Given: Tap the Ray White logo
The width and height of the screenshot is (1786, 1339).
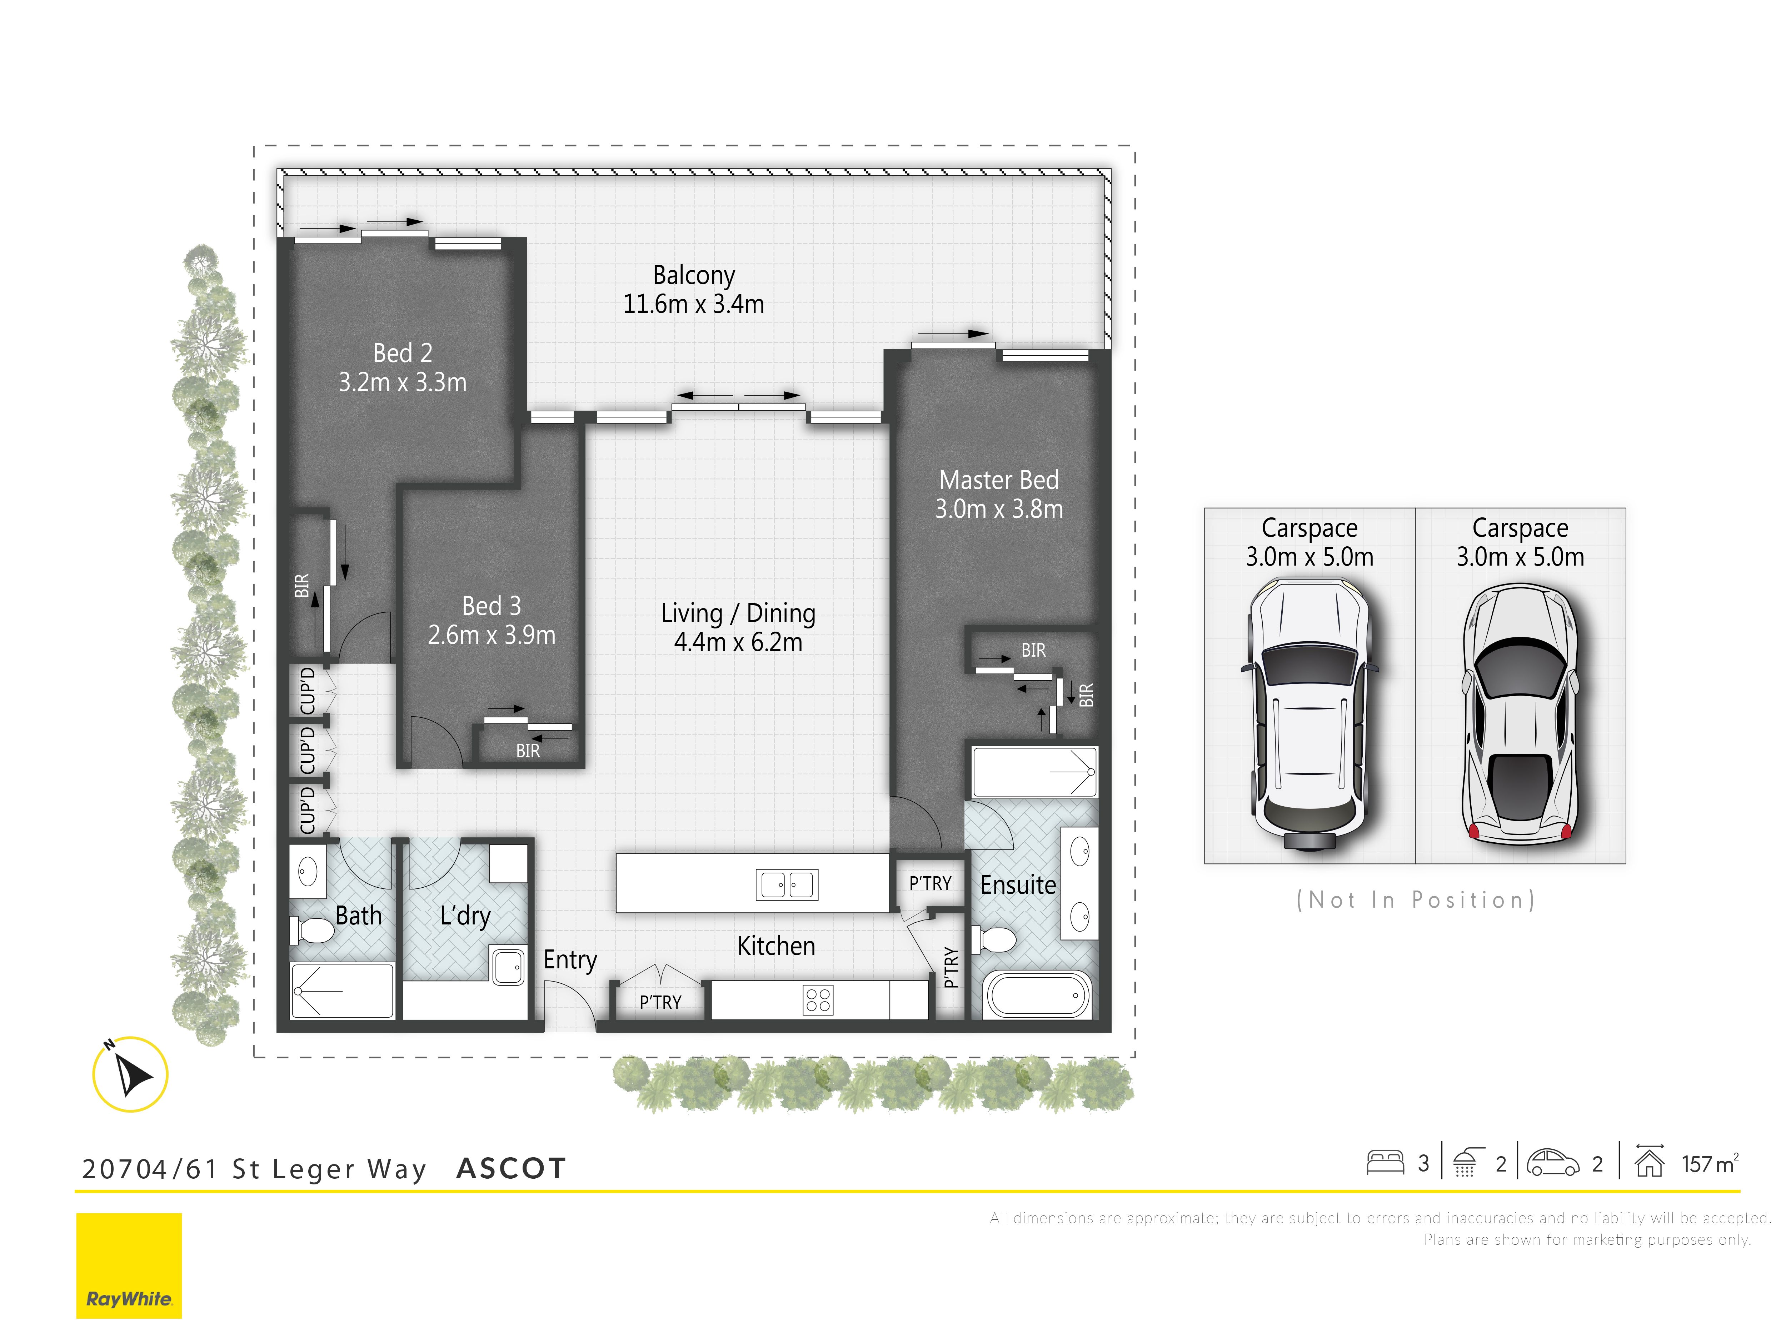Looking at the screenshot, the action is tap(129, 1265).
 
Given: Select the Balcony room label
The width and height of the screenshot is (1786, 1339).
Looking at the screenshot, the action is tap(694, 275).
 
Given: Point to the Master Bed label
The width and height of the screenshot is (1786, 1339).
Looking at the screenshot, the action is tap(999, 480).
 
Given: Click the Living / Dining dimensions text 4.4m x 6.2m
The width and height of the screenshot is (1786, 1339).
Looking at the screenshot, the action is tap(738, 642).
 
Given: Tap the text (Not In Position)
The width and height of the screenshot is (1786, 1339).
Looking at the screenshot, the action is tap(1415, 900).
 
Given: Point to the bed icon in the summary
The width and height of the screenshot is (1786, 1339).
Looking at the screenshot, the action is tap(1386, 1163).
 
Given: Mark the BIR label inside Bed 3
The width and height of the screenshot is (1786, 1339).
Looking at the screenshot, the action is tap(528, 751).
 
